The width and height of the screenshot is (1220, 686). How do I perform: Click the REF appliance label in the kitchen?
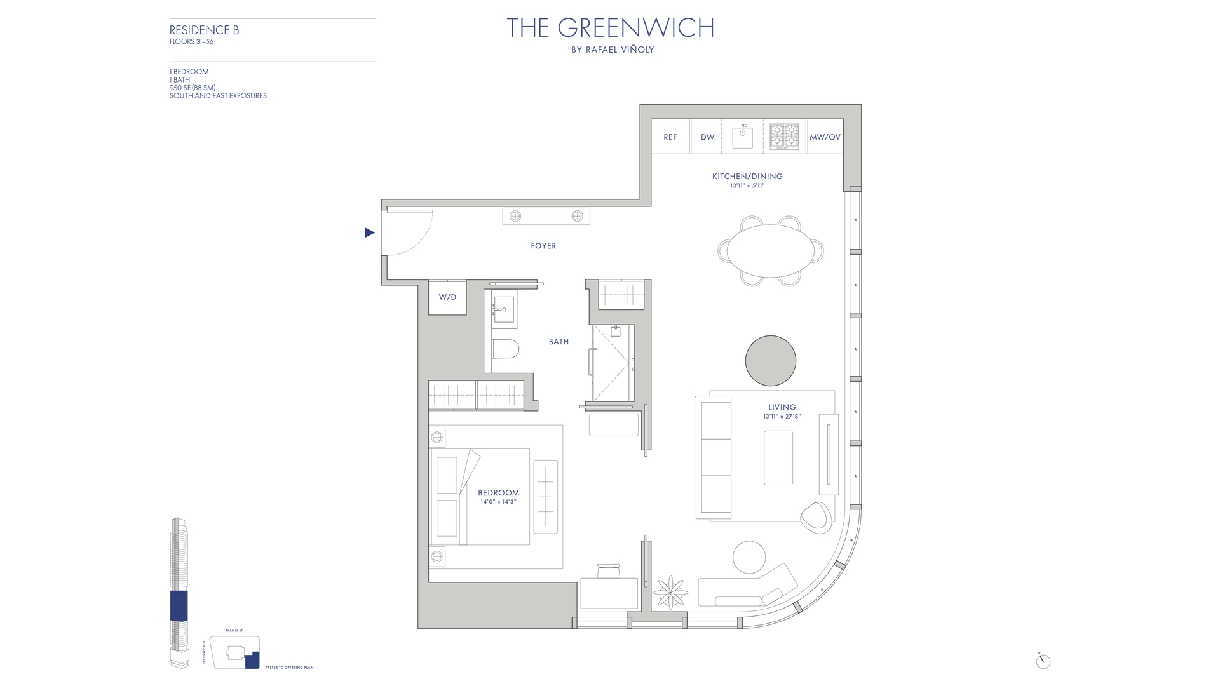[x=670, y=137]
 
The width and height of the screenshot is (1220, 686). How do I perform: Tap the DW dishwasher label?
[x=707, y=137]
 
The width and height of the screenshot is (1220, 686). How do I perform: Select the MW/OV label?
[x=825, y=137]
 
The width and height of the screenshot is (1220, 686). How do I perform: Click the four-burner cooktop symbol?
[x=784, y=137]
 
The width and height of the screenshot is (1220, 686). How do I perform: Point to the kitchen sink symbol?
[x=742, y=137]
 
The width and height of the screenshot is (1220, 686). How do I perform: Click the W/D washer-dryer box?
[x=447, y=297]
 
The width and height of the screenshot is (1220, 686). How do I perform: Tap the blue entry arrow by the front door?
[x=370, y=232]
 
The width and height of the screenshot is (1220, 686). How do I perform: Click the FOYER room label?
[x=543, y=246]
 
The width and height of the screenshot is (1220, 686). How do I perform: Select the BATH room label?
[x=559, y=342]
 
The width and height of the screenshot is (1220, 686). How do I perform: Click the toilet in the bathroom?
[x=506, y=349]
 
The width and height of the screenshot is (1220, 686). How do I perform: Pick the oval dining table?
[x=770, y=251]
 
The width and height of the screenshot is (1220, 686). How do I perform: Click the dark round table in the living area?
[x=770, y=361]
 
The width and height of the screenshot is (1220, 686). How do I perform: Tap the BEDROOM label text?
[x=498, y=493]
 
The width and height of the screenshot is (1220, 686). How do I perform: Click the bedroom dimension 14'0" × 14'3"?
[x=498, y=502]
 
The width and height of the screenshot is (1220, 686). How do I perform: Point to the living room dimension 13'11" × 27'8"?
[x=782, y=417]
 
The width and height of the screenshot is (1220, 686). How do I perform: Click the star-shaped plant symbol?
[x=670, y=593]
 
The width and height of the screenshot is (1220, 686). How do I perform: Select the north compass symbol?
[x=1043, y=661]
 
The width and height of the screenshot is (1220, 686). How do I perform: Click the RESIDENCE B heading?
[x=204, y=30]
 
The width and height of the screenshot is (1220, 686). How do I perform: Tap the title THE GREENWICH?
[x=610, y=28]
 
